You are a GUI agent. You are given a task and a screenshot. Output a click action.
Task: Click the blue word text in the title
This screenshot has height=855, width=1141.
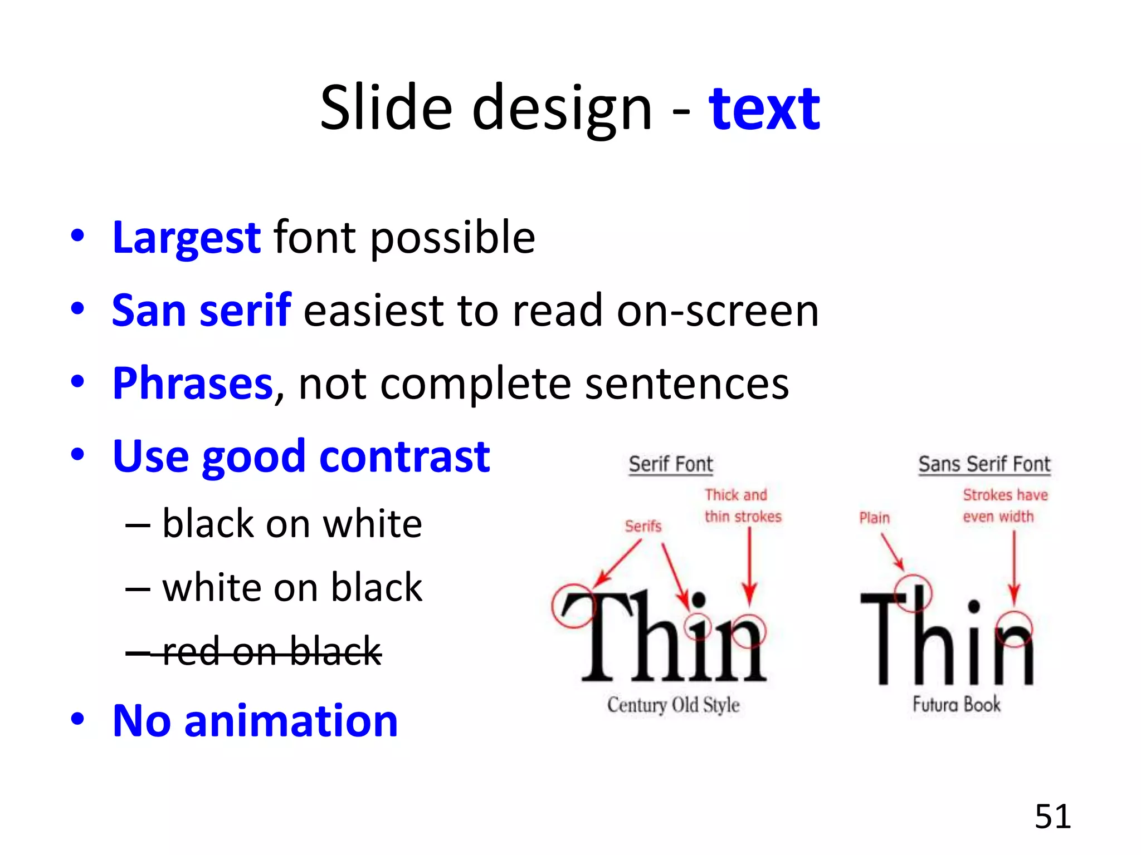(x=764, y=109)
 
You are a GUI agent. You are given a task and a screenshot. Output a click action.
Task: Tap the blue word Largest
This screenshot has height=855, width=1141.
(x=186, y=238)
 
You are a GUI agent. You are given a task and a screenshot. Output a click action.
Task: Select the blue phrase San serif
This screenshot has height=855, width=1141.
(x=201, y=311)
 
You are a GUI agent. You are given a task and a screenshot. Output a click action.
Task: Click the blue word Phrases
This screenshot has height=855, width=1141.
(x=193, y=384)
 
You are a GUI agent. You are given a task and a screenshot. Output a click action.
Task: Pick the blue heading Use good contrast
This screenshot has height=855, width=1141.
(x=301, y=456)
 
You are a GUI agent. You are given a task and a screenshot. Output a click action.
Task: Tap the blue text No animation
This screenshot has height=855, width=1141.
(x=255, y=721)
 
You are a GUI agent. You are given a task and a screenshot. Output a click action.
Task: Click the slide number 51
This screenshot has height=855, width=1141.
(x=1052, y=817)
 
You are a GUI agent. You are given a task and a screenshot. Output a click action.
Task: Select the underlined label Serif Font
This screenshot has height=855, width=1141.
(x=671, y=464)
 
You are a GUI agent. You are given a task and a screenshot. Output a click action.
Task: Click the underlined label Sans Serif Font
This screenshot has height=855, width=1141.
(x=984, y=464)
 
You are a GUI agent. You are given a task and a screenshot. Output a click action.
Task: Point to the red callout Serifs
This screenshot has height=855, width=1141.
(x=643, y=526)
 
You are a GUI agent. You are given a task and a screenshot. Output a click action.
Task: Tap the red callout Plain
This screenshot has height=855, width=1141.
(x=874, y=518)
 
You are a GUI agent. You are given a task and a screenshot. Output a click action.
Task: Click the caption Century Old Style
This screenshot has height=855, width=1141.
(x=673, y=705)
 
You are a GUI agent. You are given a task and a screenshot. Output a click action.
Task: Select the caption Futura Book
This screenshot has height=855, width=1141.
(x=956, y=704)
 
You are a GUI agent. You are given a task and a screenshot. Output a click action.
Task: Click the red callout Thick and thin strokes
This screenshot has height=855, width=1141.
(x=742, y=505)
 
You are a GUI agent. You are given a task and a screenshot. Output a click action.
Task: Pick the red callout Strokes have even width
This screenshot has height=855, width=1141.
(x=1005, y=505)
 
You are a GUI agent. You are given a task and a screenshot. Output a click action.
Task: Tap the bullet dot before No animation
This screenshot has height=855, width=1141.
(x=77, y=719)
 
